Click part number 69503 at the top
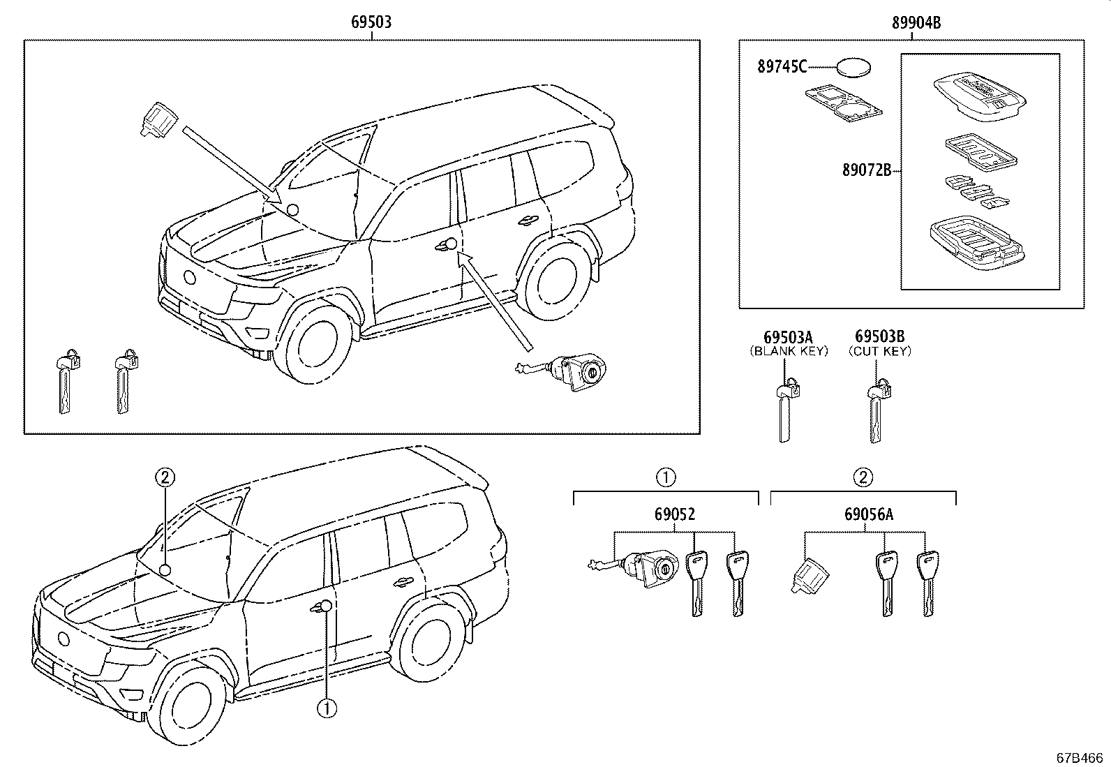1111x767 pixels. click(371, 22)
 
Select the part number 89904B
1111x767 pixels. click(916, 23)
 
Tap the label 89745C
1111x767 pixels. click(782, 67)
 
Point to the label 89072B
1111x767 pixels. click(866, 170)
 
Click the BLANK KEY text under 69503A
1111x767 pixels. click(788, 351)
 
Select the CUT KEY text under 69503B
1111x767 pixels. click(879, 351)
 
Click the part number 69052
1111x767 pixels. click(675, 515)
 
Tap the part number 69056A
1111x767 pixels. click(868, 515)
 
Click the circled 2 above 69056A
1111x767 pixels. click(863, 477)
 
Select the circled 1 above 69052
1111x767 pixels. click(666, 477)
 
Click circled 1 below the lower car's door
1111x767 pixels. click(326, 708)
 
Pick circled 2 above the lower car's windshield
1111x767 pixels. click(165, 477)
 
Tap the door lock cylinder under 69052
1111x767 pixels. click(649, 567)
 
